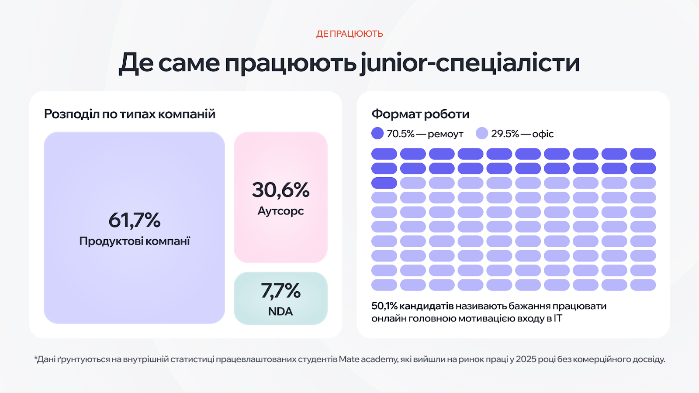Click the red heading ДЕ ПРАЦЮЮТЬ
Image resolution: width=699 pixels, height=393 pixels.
click(x=349, y=34)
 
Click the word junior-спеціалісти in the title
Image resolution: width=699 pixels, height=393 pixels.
click(x=470, y=63)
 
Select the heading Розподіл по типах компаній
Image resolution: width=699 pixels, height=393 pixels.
click(x=130, y=114)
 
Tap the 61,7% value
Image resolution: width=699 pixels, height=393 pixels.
click(x=135, y=220)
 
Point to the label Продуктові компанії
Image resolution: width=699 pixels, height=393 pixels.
click(x=135, y=241)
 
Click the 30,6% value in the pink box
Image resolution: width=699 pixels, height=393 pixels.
click(x=280, y=190)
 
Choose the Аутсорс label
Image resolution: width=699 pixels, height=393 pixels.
click(x=280, y=211)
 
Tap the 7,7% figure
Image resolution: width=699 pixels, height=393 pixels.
click(x=280, y=291)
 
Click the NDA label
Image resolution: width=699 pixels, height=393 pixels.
click(x=280, y=311)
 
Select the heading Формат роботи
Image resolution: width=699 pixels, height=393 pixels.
click(x=420, y=114)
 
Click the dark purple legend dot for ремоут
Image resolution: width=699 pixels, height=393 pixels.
click(x=377, y=133)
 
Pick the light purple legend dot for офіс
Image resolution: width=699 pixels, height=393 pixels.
click(x=482, y=133)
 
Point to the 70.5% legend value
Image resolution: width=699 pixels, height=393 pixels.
click(x=401, y=134)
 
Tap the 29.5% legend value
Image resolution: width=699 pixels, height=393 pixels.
click(x=505, y=134)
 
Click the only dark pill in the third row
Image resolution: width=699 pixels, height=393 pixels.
click(x=384, y=183)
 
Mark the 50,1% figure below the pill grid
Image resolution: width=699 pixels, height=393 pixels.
click(x=384, y=306)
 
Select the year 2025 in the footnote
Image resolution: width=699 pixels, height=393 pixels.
click(x=526, y=359)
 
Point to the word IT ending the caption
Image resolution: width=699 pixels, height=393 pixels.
click(x=557, y=318)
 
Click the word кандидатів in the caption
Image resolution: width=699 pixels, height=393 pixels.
click(x=426, y=306)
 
